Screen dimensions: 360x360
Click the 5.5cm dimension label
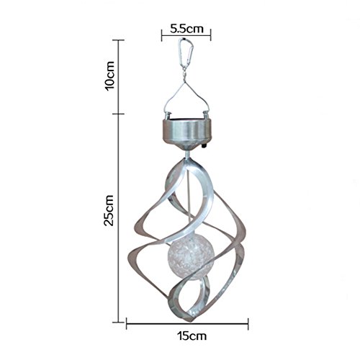(x=186, y=29)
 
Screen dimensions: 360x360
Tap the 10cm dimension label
(x=109, y=76)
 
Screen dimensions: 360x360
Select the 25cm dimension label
(x=109, y=210)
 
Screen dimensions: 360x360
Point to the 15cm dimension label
(x=192, y=336)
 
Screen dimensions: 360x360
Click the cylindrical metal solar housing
(x=187, y=131)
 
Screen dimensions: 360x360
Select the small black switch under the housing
(x=204, y=145)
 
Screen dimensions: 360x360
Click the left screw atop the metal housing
(x=168, y=116)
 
